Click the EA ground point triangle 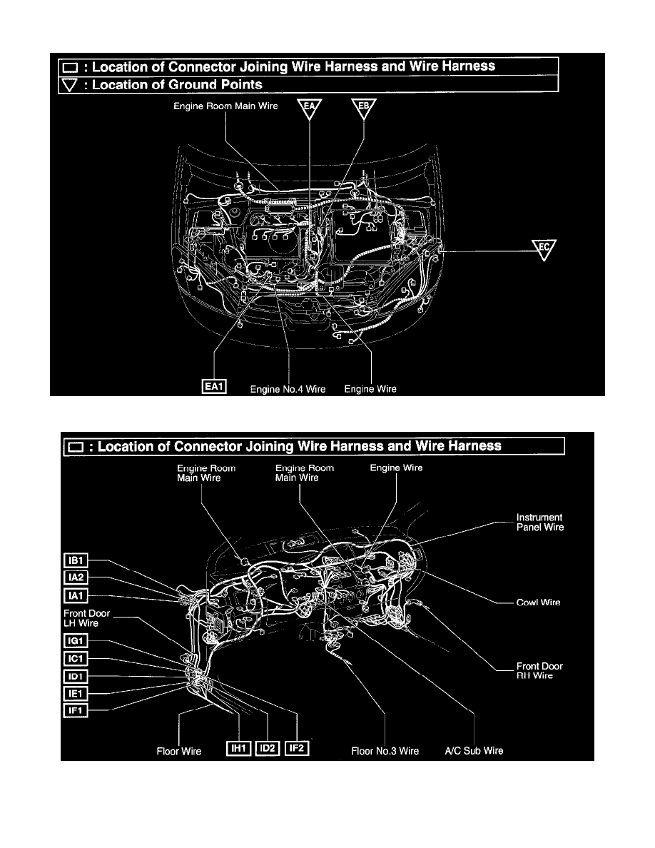tap(310, 108)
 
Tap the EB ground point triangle tap(364, 108)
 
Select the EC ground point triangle tap(544, 250)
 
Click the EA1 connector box tap(214, 387)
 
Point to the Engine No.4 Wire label tap(288, 390)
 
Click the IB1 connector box tap(76, 561)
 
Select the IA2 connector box tap(76, 577)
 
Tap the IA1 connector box tap(76, 596)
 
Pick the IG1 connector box tap(76, 641)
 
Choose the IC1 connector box tap(76, 659)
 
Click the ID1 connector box tap(76, 677)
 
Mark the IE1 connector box tap(76, 694)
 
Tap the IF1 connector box tap(76, 711)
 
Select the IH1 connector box tap(238, 749)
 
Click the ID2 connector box tap(268, 749)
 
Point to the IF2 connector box tap(297, 749)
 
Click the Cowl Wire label tap(538, 602)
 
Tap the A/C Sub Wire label tap(474, 751)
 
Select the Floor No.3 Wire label tap(385, 751)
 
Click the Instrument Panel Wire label tap(540, 523)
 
